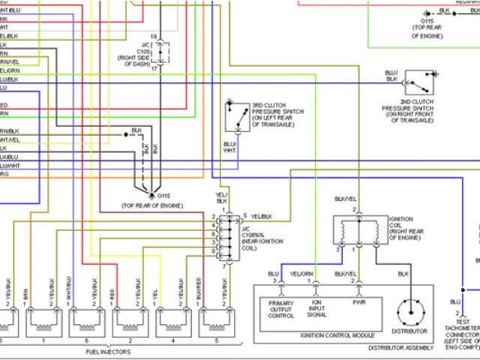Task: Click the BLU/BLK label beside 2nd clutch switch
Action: point(391,76)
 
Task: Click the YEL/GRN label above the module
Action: point(301,274)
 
